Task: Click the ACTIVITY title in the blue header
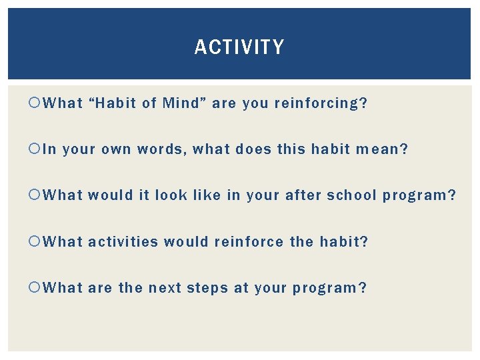point(239,47)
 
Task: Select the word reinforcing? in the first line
point(321,103)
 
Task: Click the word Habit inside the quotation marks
point(118,103)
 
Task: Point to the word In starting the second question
point(49,149)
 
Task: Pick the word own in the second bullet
point(117,149)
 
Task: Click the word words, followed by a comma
point(162,149)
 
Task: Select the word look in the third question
point(171,195)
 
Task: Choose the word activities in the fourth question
point(123,241)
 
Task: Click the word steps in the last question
point(207,288)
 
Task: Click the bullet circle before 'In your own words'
point(36,150)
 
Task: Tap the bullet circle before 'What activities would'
point(36,242)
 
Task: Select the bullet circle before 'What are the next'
point(36,288)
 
